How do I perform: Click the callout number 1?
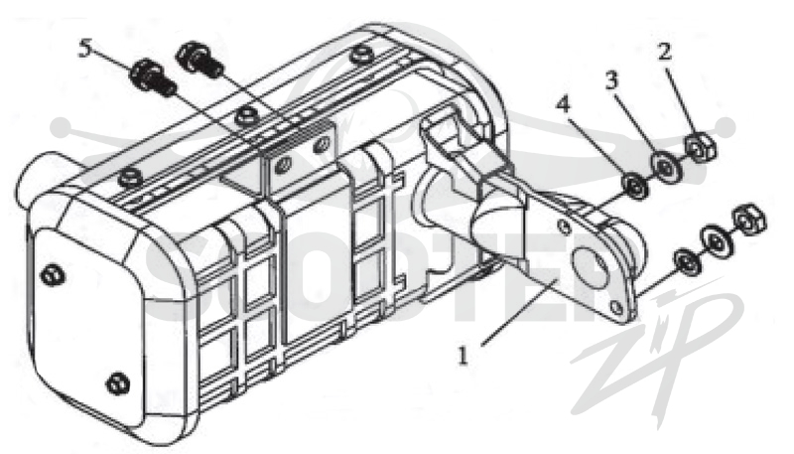tap(463, 356)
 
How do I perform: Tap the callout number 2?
tap(664, 52)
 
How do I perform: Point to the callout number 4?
tap(563, 104)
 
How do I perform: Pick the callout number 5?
tap(86, 49)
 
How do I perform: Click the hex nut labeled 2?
tap(701, 146)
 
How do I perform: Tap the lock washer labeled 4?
tap(634, 187)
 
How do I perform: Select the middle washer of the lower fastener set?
tap(716, 239)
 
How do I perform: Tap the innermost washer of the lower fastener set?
tap(686, 261)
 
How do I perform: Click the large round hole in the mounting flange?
tap(591, 267)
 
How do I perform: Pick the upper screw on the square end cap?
tap(54, 276)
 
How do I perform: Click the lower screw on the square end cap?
tap(119, 382)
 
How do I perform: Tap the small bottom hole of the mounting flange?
tap(616, 307)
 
